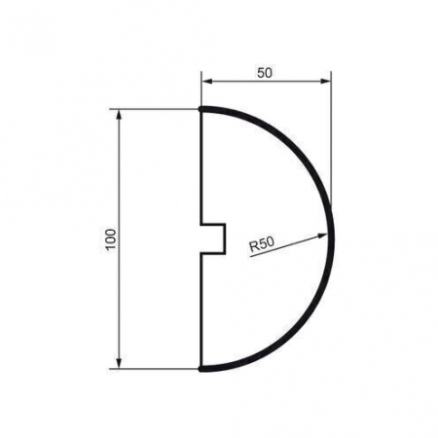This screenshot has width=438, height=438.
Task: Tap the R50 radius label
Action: (x=261, y=244)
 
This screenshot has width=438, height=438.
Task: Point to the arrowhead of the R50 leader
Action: (x=325, y=233)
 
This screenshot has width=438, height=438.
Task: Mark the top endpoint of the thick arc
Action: (x=201, y=109)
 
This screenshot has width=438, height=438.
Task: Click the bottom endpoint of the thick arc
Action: (x=201, y=369)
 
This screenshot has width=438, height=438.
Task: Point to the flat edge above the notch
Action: (x=201, y=165)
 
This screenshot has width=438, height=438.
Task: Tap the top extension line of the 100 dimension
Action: (x=156, y=109)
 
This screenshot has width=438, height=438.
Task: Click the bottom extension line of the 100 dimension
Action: (x=156, y=370)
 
